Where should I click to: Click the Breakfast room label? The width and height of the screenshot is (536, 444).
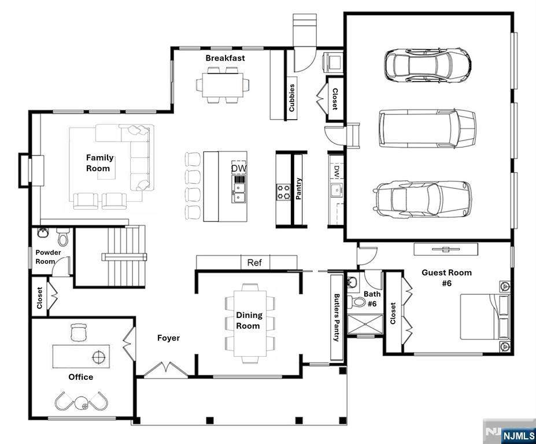point(226,58)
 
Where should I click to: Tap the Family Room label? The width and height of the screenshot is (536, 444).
point(99,163)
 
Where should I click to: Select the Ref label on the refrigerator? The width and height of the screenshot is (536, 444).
point(254,262)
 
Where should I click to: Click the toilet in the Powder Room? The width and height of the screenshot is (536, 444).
point(63,236)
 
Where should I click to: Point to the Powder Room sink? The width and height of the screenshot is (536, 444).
point(42,232)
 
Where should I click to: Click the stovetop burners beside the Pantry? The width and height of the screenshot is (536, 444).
point(283,192)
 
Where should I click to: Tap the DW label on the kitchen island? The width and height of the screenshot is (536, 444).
point(239,168)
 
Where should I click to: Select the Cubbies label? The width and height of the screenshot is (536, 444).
point(291,98)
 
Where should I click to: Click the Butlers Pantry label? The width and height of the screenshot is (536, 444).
point(337,317)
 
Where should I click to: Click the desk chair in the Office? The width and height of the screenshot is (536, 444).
point(78,332)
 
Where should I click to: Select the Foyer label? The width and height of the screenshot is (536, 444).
point(168,338)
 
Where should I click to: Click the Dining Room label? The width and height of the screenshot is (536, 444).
point(249,321)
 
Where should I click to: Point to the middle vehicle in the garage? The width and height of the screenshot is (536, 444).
point(427,128)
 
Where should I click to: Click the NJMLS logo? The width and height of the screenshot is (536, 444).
point(518,436)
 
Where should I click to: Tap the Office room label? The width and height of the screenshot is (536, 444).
point(81,377)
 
